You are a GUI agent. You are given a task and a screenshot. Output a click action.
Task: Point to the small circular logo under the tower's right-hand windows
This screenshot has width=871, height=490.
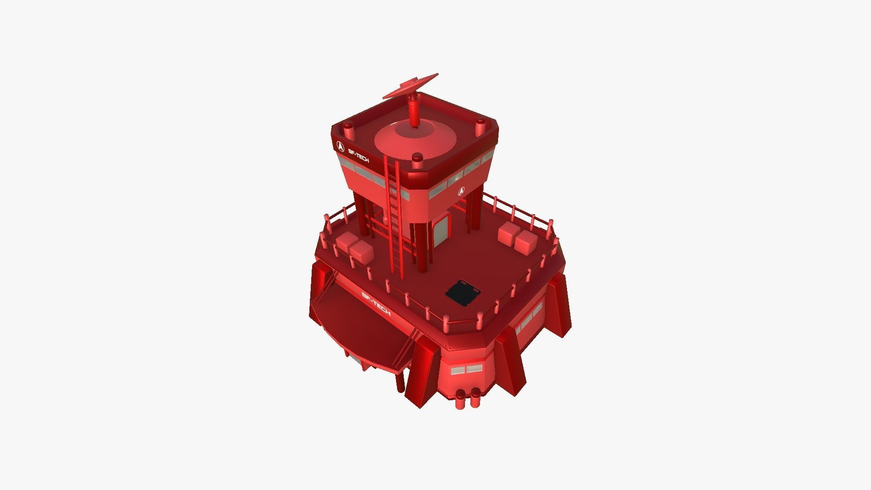tap(461, 191)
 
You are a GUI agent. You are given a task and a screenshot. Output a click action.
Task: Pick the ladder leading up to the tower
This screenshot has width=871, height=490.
tap(393, 213)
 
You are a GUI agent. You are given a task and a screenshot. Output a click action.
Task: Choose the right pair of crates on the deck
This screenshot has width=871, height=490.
tap(517, 237)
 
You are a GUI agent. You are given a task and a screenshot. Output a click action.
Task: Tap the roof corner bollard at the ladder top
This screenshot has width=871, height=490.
tap(417, 160)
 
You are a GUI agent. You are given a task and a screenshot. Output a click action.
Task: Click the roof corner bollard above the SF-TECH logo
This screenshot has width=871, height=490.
tap(348, 132)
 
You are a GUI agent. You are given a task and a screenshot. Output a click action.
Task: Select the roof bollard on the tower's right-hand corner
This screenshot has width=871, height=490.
tap(480, 127)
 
